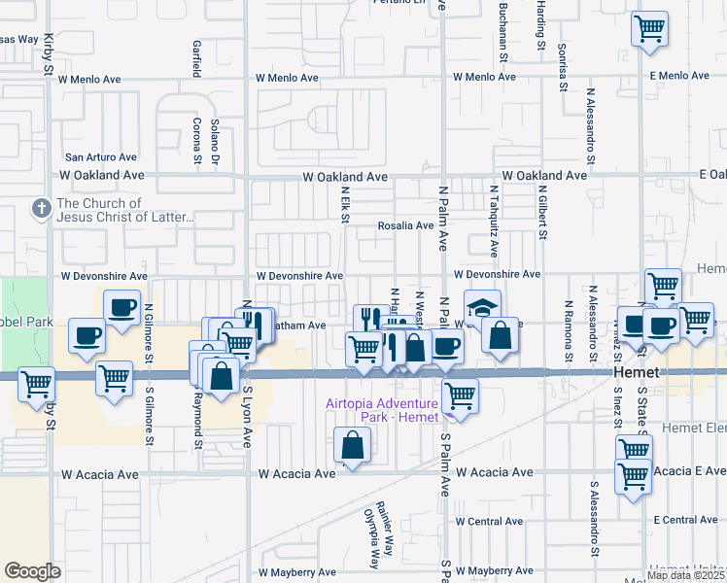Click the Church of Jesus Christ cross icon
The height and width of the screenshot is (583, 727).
(41, 208)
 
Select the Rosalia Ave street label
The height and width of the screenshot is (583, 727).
(405, 225)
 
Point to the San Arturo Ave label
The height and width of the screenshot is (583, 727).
(101, 156)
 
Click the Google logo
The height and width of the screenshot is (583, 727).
(32, 571)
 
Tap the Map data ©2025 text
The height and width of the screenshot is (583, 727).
(685, 575)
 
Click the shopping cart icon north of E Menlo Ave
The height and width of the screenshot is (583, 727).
(649, 27)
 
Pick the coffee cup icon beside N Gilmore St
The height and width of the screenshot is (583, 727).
(122, 309)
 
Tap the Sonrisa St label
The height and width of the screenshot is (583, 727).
(562, 67)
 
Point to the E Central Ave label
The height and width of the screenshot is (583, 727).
(684, 520)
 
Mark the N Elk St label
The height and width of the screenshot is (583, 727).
(344, 204)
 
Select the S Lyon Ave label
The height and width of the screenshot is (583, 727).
(247, 426)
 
